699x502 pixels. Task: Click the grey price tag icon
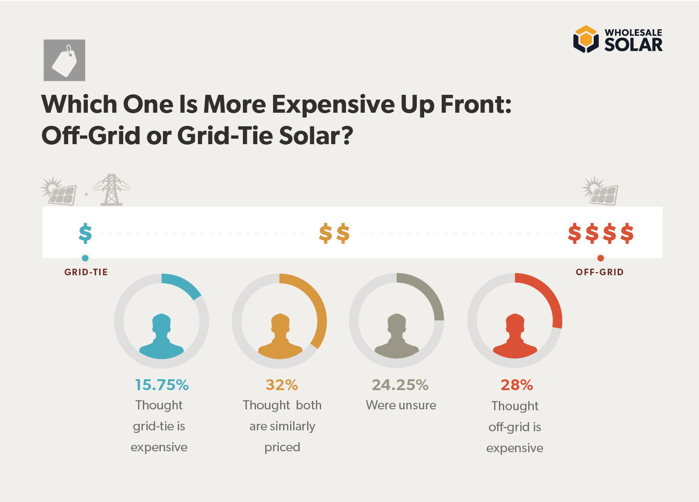(x=64, y=60)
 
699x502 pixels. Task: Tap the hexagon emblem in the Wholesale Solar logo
(x=585, y=39)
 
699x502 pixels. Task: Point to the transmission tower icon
(x=111, y=190)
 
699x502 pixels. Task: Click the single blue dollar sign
(x=85, y=233)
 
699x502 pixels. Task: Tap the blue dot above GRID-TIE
(x=85, y=258)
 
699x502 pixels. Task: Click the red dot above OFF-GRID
(x=601, y=258)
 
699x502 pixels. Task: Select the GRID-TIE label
(x=86, y=272)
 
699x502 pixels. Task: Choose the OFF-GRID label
(x=599, y=272)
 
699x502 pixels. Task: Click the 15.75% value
(x=162, y=385)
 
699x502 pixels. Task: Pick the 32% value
(x=282, y=385)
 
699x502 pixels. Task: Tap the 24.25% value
(x=400, y=385)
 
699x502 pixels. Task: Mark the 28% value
(x=517, y=385)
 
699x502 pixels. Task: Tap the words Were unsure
(x=401, y=405)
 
